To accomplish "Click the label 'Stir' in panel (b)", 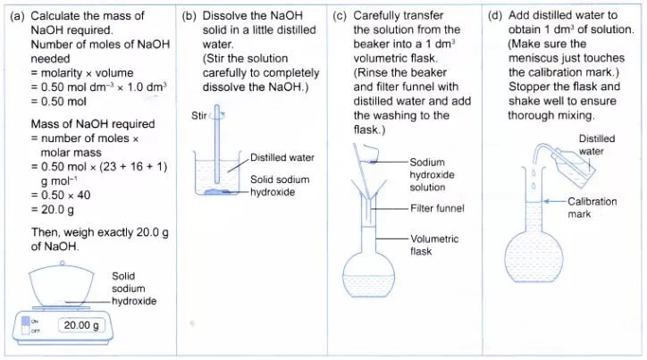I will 199,115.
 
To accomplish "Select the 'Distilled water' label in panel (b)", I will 281,157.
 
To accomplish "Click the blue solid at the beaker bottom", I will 220,191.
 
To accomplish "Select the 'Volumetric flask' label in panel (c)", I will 434,246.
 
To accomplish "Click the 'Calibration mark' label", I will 592,207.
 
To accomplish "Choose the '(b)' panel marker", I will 189,16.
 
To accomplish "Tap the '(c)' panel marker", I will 340,16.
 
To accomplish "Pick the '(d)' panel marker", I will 496,16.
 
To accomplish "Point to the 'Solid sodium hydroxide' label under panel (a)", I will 134,289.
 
